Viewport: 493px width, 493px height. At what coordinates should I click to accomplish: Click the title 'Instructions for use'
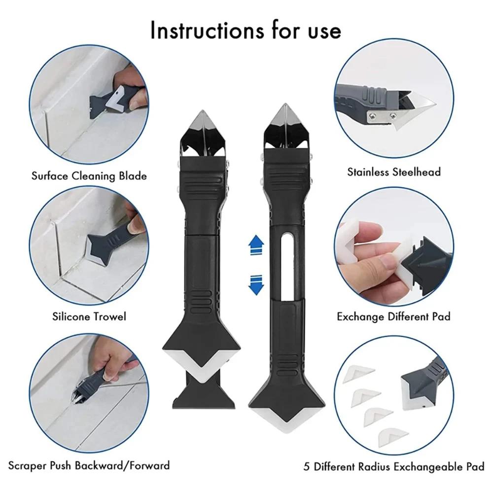click(x=246, y=31)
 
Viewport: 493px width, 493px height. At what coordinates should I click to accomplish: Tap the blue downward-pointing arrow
click(x=255, y=285)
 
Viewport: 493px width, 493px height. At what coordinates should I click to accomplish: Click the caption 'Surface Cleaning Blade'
click(x=89, y=176)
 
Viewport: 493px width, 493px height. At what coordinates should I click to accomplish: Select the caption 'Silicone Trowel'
click(x=89, y=316)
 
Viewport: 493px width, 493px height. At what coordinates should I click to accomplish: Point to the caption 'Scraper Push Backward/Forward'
click(x=89, y=465)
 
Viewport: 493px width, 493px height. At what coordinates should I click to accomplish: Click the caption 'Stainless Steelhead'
click(x=394, y=172)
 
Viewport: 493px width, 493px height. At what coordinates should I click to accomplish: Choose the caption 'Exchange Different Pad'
click(x=393, y=316)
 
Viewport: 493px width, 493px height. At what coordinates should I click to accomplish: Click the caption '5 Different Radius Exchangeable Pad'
click(x=393, y=466)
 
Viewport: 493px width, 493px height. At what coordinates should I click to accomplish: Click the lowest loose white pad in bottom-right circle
click(x=393, y=434)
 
